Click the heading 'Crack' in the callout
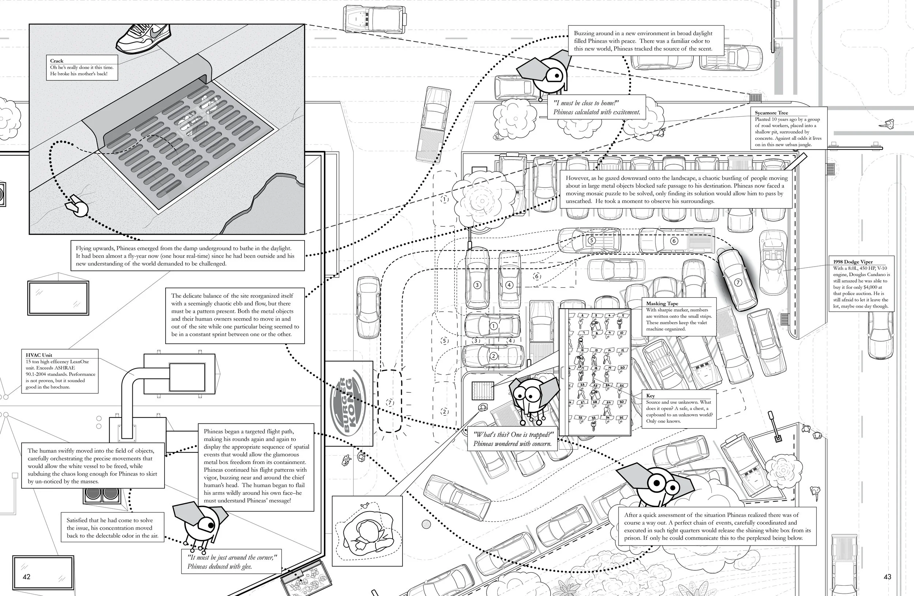click(x=56, y=61)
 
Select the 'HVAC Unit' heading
click(x=39, y=355)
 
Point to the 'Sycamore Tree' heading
click(x=771, y=113)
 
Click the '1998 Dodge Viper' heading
click(x=852, y=262)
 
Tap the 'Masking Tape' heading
click(x=662, y=303)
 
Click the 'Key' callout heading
click(x=650, y=396)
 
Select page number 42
click(x=26, y=577)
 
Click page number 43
click(x=887, y=577)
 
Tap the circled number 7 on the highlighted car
click(x=738, y=283)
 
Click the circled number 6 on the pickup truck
click(x=674, y=241)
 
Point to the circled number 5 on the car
click(x=592, y=240)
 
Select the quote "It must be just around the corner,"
click(x=232, y=558)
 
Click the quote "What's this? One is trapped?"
click(x=513, y=435)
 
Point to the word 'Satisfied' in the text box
click(x=79, y=520)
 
